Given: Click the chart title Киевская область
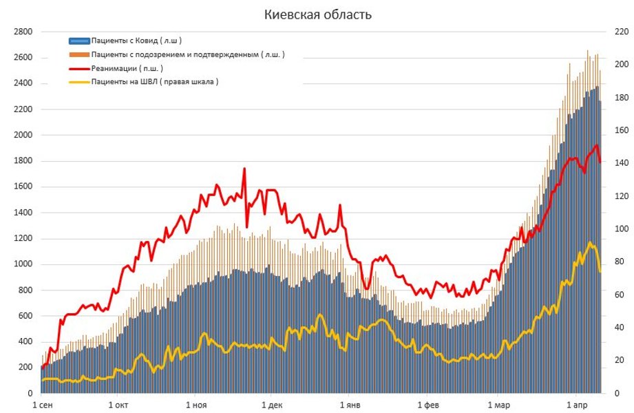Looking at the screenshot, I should [x=317, y=14].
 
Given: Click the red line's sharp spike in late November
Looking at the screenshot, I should [x=244, y=169].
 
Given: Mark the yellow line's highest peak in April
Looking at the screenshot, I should [x=590, y=243].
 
